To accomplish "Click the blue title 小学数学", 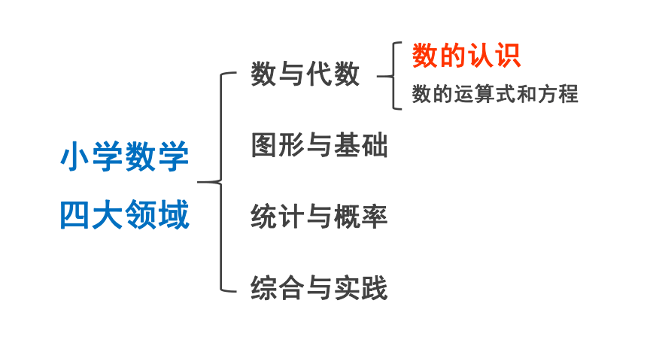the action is pos(125,156).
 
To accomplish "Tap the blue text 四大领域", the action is pos(125,214).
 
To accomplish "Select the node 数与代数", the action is pos(305,74).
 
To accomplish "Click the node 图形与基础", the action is pos(320,145).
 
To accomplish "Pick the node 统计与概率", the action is pos(320,217).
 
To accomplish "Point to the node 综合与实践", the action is pos(320,288).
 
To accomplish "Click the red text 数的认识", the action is pos(466,56).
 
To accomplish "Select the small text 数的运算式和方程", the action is pos(495,94).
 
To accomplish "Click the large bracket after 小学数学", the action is pos(221,182).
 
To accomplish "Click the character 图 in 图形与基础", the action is pos(264,145).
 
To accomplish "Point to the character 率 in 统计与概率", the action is pos(374,217).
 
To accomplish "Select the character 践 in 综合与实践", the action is pos(374,288).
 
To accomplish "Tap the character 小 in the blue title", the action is pos(75,156).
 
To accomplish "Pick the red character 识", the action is pos(508,56).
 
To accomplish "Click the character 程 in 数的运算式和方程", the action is pos(569,94).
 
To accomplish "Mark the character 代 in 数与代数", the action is pos(319,74).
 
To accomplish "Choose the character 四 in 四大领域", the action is pos(75,214).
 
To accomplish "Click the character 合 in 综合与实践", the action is pos(291,288).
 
